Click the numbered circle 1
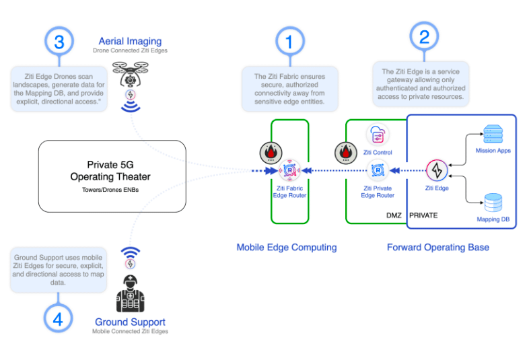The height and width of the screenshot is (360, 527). click(x=289, y=42)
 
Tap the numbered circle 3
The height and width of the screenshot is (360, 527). click(x=59, y=42)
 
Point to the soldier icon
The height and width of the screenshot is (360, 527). click(x=131, y=293)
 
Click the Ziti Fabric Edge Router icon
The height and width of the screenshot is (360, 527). click(x=289, y=170)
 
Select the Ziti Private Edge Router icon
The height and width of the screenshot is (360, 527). click(x=378, y=171)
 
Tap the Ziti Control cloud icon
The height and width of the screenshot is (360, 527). click(x=378, y=135)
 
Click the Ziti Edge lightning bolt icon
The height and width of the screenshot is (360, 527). click(x=436, y=171)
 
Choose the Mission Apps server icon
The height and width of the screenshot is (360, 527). click(x=493, y=133)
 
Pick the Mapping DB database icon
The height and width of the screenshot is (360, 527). click(x=493, y=203)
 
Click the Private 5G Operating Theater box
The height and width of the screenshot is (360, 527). click(x=112, y=176)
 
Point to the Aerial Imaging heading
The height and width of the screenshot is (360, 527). click(x=131, y=41)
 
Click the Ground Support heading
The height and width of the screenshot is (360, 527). click(x=131, y=322)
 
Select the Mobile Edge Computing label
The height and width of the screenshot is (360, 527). click(x=287, y=247)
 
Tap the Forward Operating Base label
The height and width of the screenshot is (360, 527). click(x=437, y=247)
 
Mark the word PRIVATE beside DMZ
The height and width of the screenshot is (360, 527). click(x=423, y=215)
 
